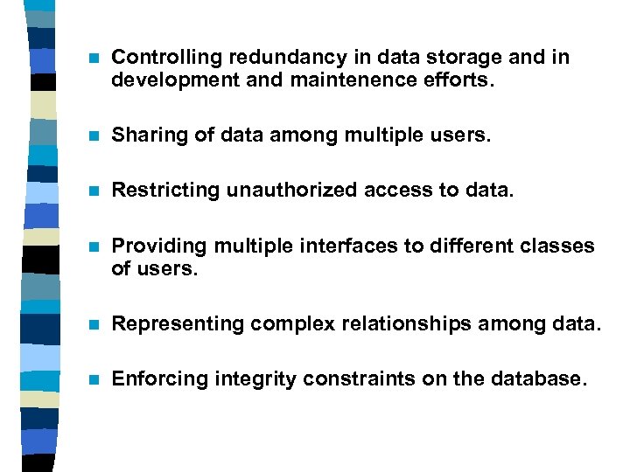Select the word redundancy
tap(267, 58)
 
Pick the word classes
tap(560, 246)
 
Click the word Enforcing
tap(154, 379)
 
